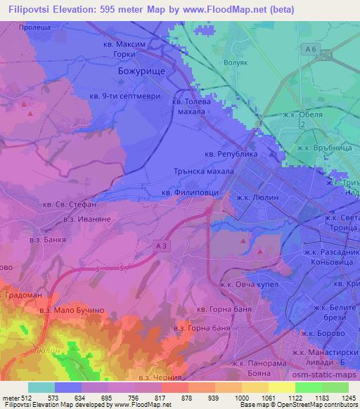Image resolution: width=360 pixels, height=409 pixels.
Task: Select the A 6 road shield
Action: (308, 48)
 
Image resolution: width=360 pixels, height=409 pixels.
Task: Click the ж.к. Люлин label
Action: (258, 198)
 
